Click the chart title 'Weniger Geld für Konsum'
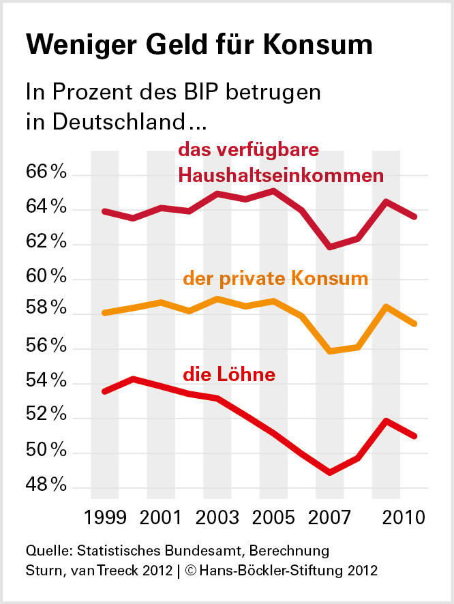199,46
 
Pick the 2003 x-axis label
217,516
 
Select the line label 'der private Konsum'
275,279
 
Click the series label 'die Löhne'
229,374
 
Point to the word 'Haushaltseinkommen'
281,175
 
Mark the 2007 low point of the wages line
330,472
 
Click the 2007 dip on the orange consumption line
330,351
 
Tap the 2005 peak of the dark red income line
273,190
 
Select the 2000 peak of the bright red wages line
133,378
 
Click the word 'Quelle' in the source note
45,549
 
